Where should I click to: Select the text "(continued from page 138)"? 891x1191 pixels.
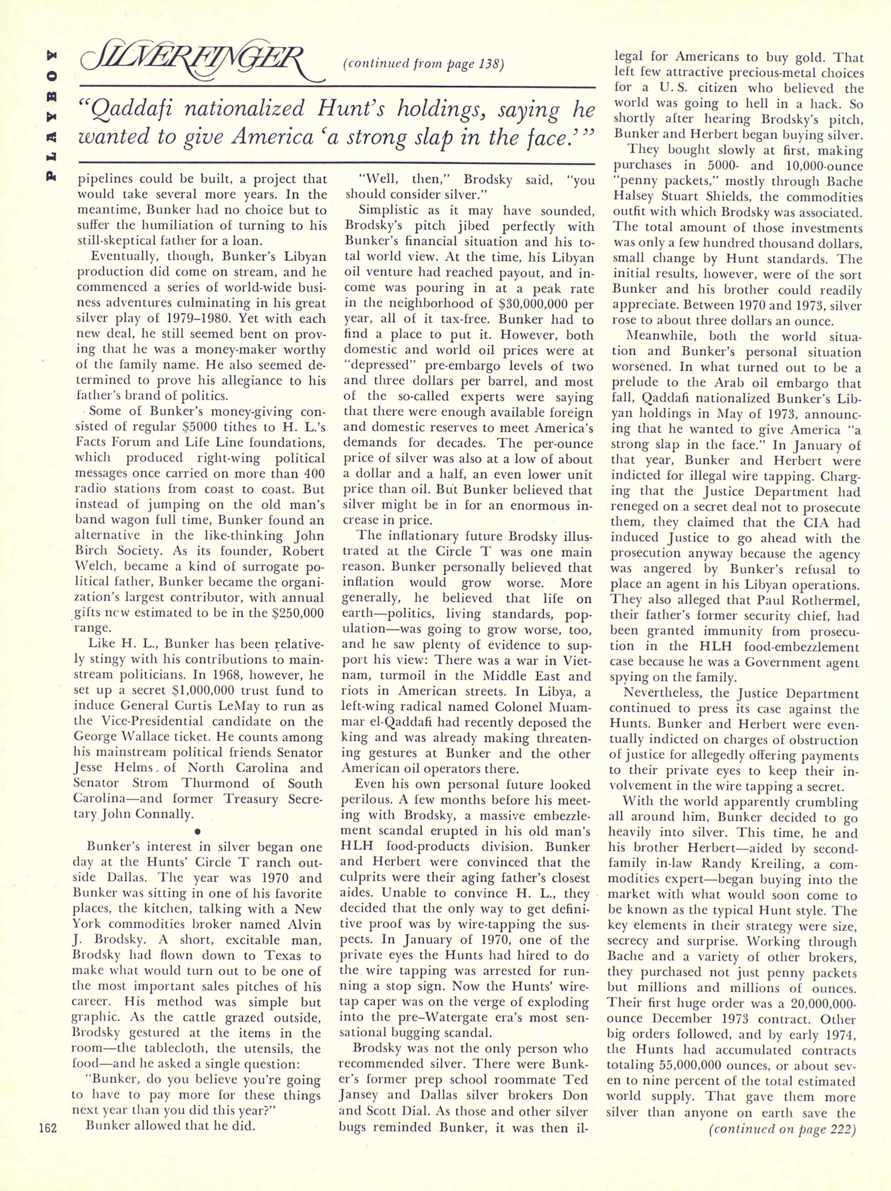pos(423,65)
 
